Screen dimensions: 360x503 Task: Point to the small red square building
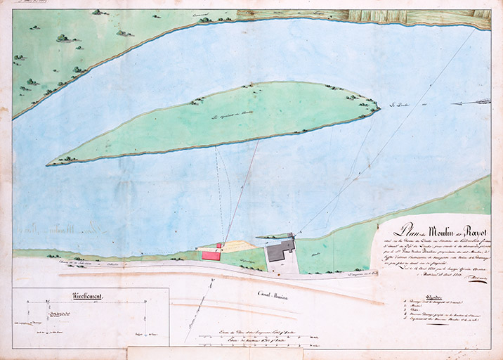coord(219,246)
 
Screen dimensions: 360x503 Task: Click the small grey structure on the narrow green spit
coord(289,236)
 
